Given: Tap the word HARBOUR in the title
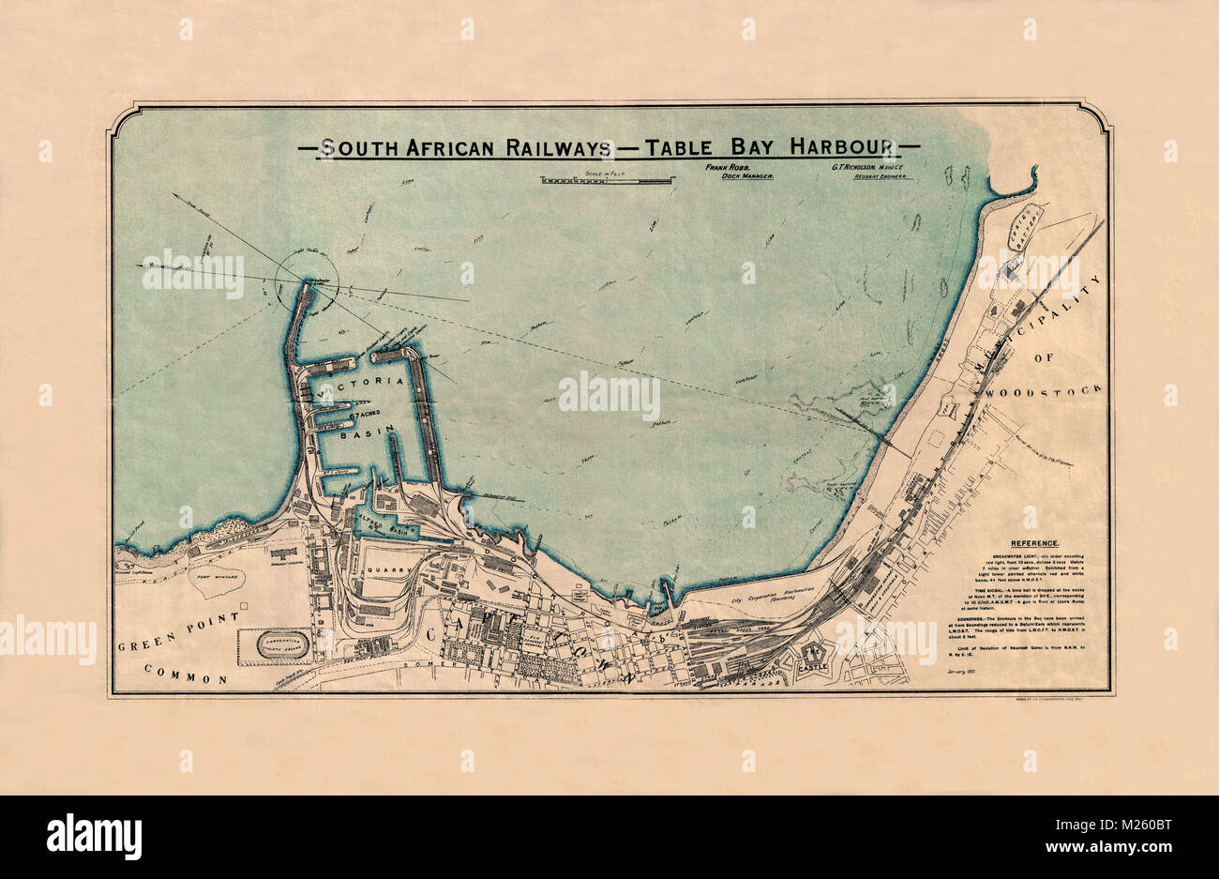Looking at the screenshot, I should click(843, 147).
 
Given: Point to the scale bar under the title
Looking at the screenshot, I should click(607, 179).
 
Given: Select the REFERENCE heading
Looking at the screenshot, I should click(1034, 543).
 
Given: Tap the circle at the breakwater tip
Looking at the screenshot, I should click(307, 281).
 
